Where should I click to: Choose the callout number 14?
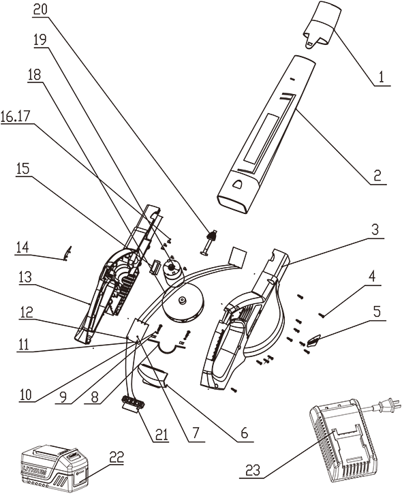point(25,249)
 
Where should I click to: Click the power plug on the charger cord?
point(390,407)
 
